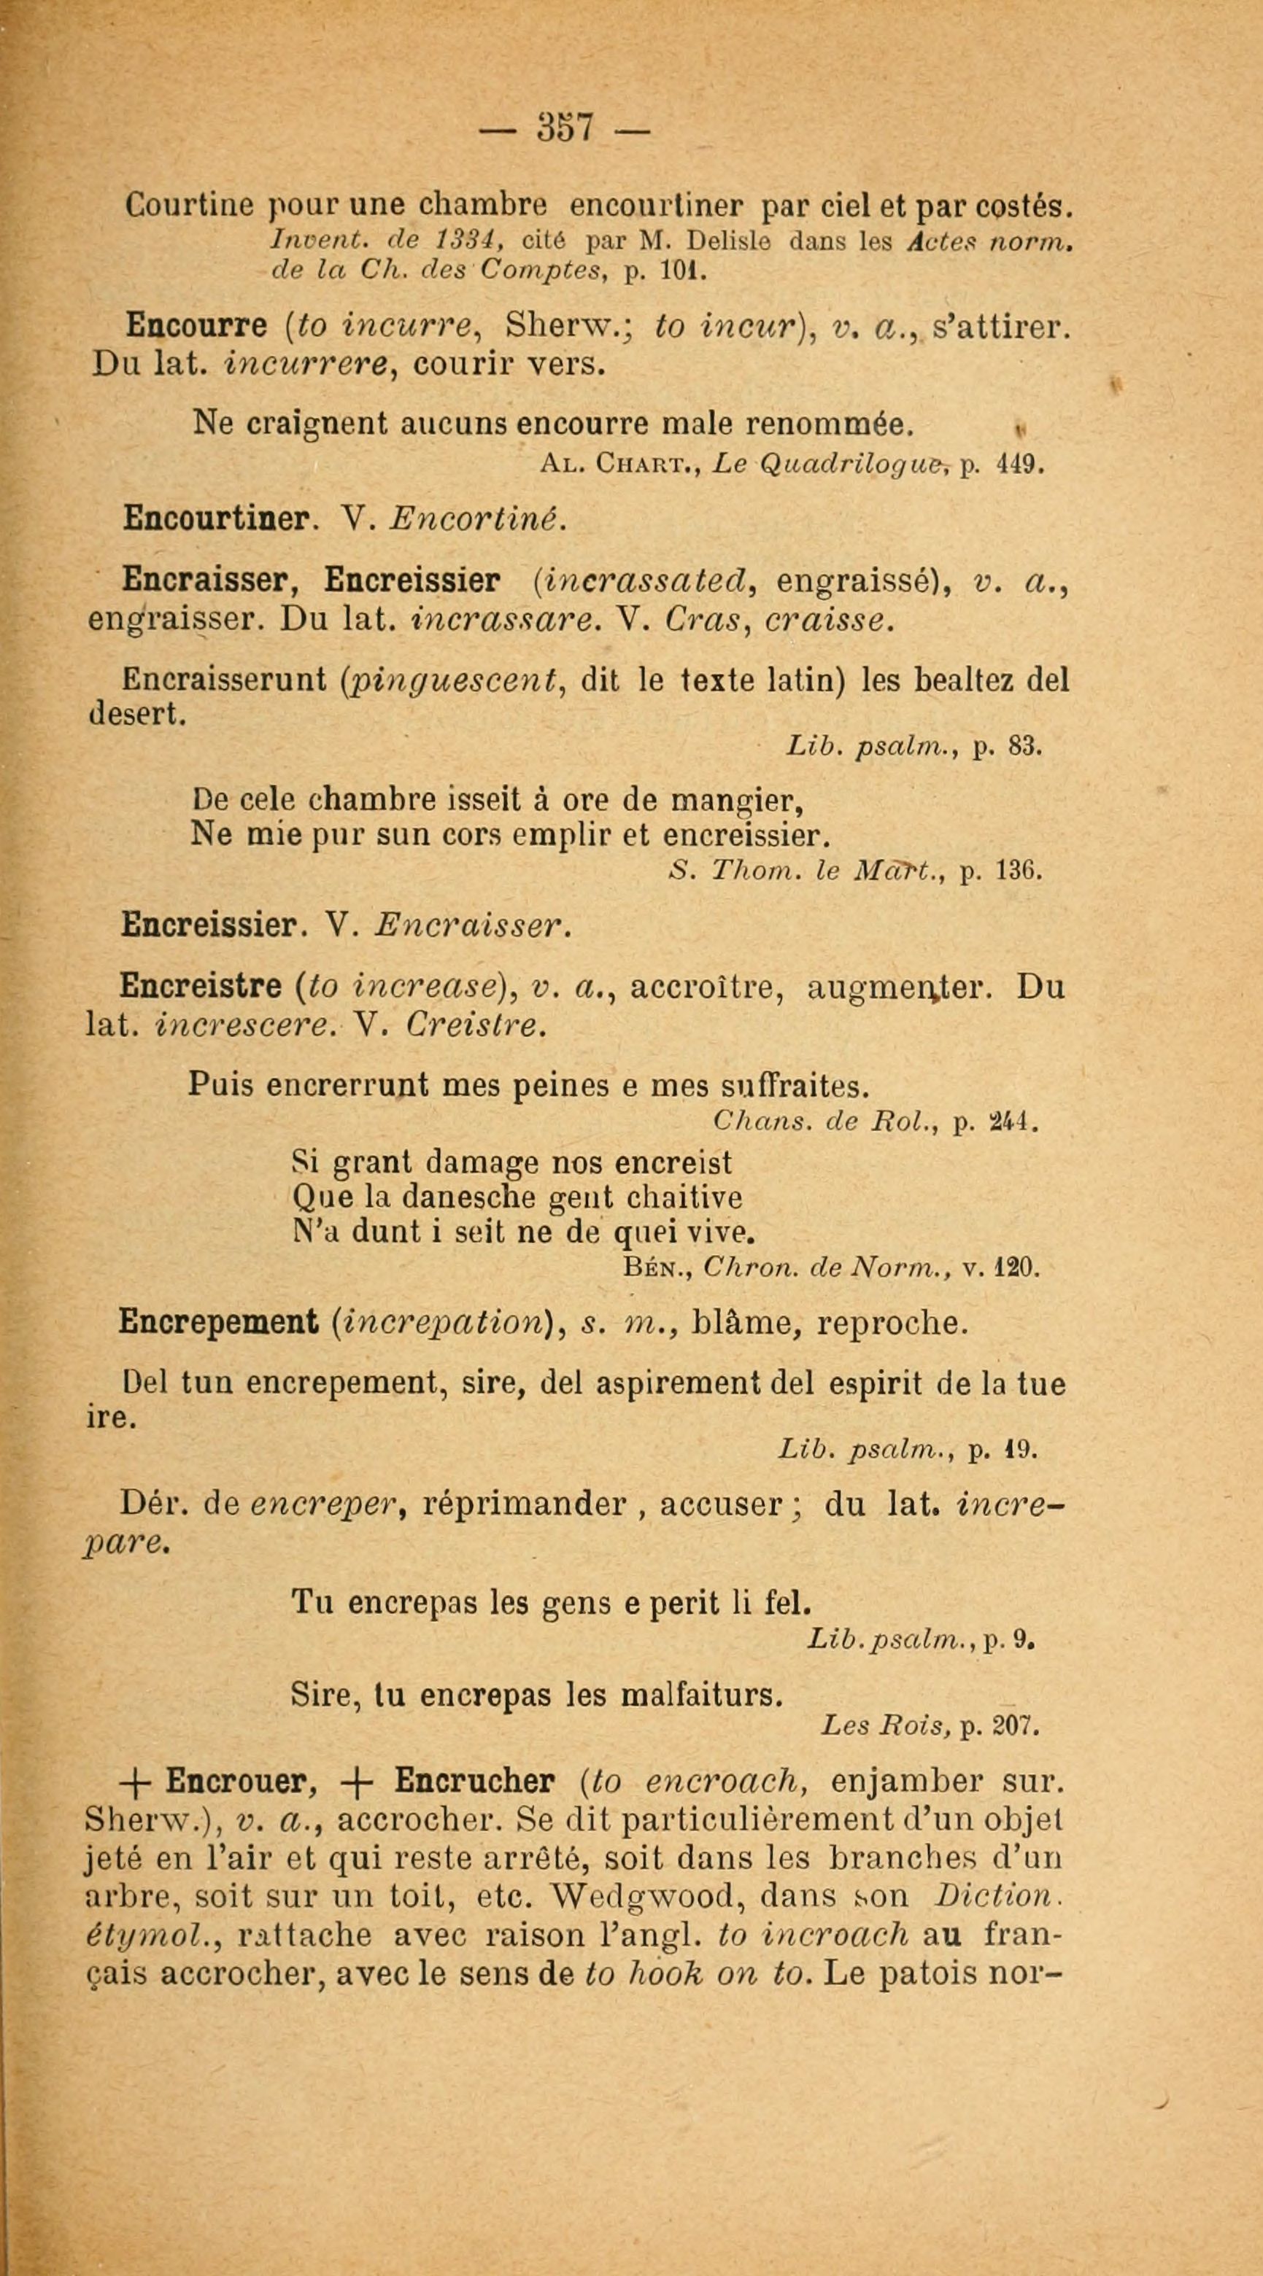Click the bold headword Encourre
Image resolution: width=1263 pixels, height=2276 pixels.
point(196,327)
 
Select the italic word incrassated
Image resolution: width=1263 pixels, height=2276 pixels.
point(651,581)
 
